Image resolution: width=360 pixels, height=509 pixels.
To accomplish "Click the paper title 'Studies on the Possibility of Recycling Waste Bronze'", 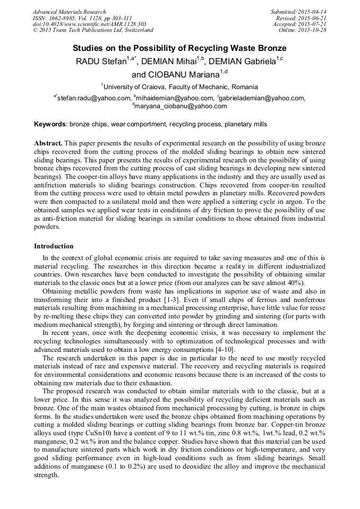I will click(179, 48).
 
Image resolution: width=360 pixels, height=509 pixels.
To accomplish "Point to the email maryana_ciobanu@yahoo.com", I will click(181, 106).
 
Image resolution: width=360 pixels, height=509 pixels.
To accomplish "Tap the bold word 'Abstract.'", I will click(48, 144).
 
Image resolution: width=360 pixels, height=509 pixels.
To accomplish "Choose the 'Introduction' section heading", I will click(54, 246).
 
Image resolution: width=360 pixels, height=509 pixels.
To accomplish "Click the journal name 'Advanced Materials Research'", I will click(69, 12).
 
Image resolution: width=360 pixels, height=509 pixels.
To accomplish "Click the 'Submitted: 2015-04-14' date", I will click(299, 12).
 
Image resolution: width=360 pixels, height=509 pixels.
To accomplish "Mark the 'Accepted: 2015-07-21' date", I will click(299, 24).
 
